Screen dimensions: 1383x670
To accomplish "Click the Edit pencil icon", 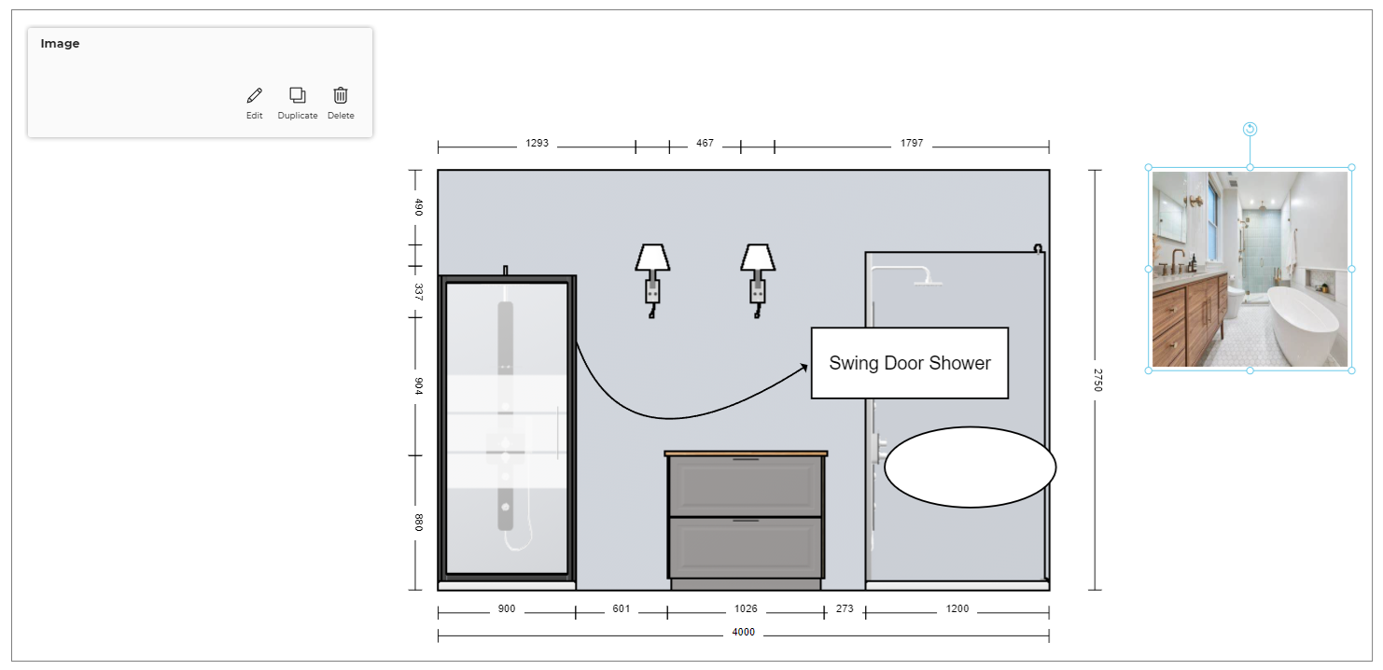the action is point(255,95).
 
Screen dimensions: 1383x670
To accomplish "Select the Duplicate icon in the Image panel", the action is point(298,95).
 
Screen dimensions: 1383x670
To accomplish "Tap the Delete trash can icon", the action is point(341,95).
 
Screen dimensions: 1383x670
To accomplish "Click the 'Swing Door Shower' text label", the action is point(910,363).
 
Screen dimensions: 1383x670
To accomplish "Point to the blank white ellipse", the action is point(970,467).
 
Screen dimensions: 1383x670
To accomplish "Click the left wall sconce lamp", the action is point(652,280).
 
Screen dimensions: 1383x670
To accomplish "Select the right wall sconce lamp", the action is point(758,280).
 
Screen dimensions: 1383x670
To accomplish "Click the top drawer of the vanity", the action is point(746,486).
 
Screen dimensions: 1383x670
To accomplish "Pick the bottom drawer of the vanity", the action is point(746,547).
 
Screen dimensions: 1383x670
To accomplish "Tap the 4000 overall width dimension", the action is point(744,633).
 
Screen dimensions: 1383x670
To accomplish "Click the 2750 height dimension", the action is point(1097,380).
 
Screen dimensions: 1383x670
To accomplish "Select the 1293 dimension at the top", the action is point(538,144).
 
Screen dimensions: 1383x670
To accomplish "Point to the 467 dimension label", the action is point(705,144).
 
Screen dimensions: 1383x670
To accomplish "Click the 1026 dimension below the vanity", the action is point(746,608).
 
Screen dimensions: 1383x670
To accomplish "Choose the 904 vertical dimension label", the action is point(419,386).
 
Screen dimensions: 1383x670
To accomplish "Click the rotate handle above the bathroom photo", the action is point(1250,129).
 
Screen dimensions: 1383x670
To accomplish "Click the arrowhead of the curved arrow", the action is point(803,368).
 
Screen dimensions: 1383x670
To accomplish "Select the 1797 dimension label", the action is point(912,144).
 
